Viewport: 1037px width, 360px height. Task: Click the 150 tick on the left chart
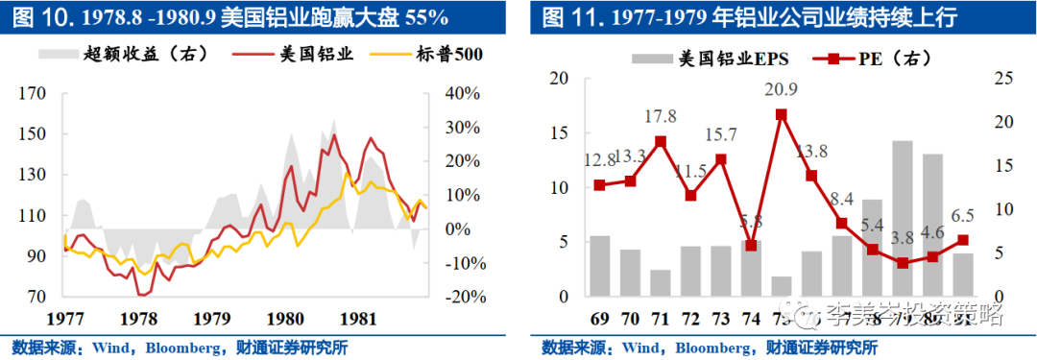(33, 133)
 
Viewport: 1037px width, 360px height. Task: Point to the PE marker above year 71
(661, 141)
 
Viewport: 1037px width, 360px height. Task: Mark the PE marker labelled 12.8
(600, 185)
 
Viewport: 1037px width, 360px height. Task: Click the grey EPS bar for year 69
(600, 266)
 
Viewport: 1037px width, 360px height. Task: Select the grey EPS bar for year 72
(690, 272)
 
